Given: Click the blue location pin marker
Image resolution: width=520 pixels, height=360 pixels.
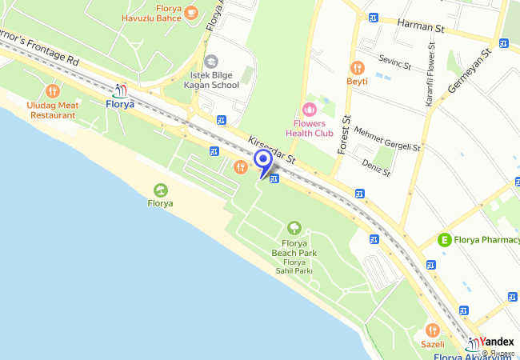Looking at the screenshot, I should [262, 162].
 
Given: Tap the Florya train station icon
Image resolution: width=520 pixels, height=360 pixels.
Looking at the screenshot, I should [120, 90].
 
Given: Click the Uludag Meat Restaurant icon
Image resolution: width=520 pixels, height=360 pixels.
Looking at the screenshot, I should [53, 91].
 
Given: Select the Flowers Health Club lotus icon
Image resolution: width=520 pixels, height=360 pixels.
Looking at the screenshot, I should [310, 109].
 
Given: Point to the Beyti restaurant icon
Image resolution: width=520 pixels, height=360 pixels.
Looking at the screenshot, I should [357, 68].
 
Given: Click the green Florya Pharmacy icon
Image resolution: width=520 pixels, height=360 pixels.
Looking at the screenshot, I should [444, 238].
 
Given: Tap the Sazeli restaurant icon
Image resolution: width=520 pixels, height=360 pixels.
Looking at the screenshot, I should [432, 330].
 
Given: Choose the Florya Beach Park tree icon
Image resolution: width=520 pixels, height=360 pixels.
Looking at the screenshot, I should [294, 230].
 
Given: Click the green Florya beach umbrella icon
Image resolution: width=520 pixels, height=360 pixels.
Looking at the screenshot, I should [160, 190].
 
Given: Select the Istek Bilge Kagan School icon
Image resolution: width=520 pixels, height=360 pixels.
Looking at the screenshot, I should [211, 62].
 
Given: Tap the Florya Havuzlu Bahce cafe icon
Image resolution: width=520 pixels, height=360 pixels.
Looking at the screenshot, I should [190, 12].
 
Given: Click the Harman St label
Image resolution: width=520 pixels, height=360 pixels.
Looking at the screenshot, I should [420, 27].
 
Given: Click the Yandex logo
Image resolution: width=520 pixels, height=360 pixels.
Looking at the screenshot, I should [496, 342].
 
